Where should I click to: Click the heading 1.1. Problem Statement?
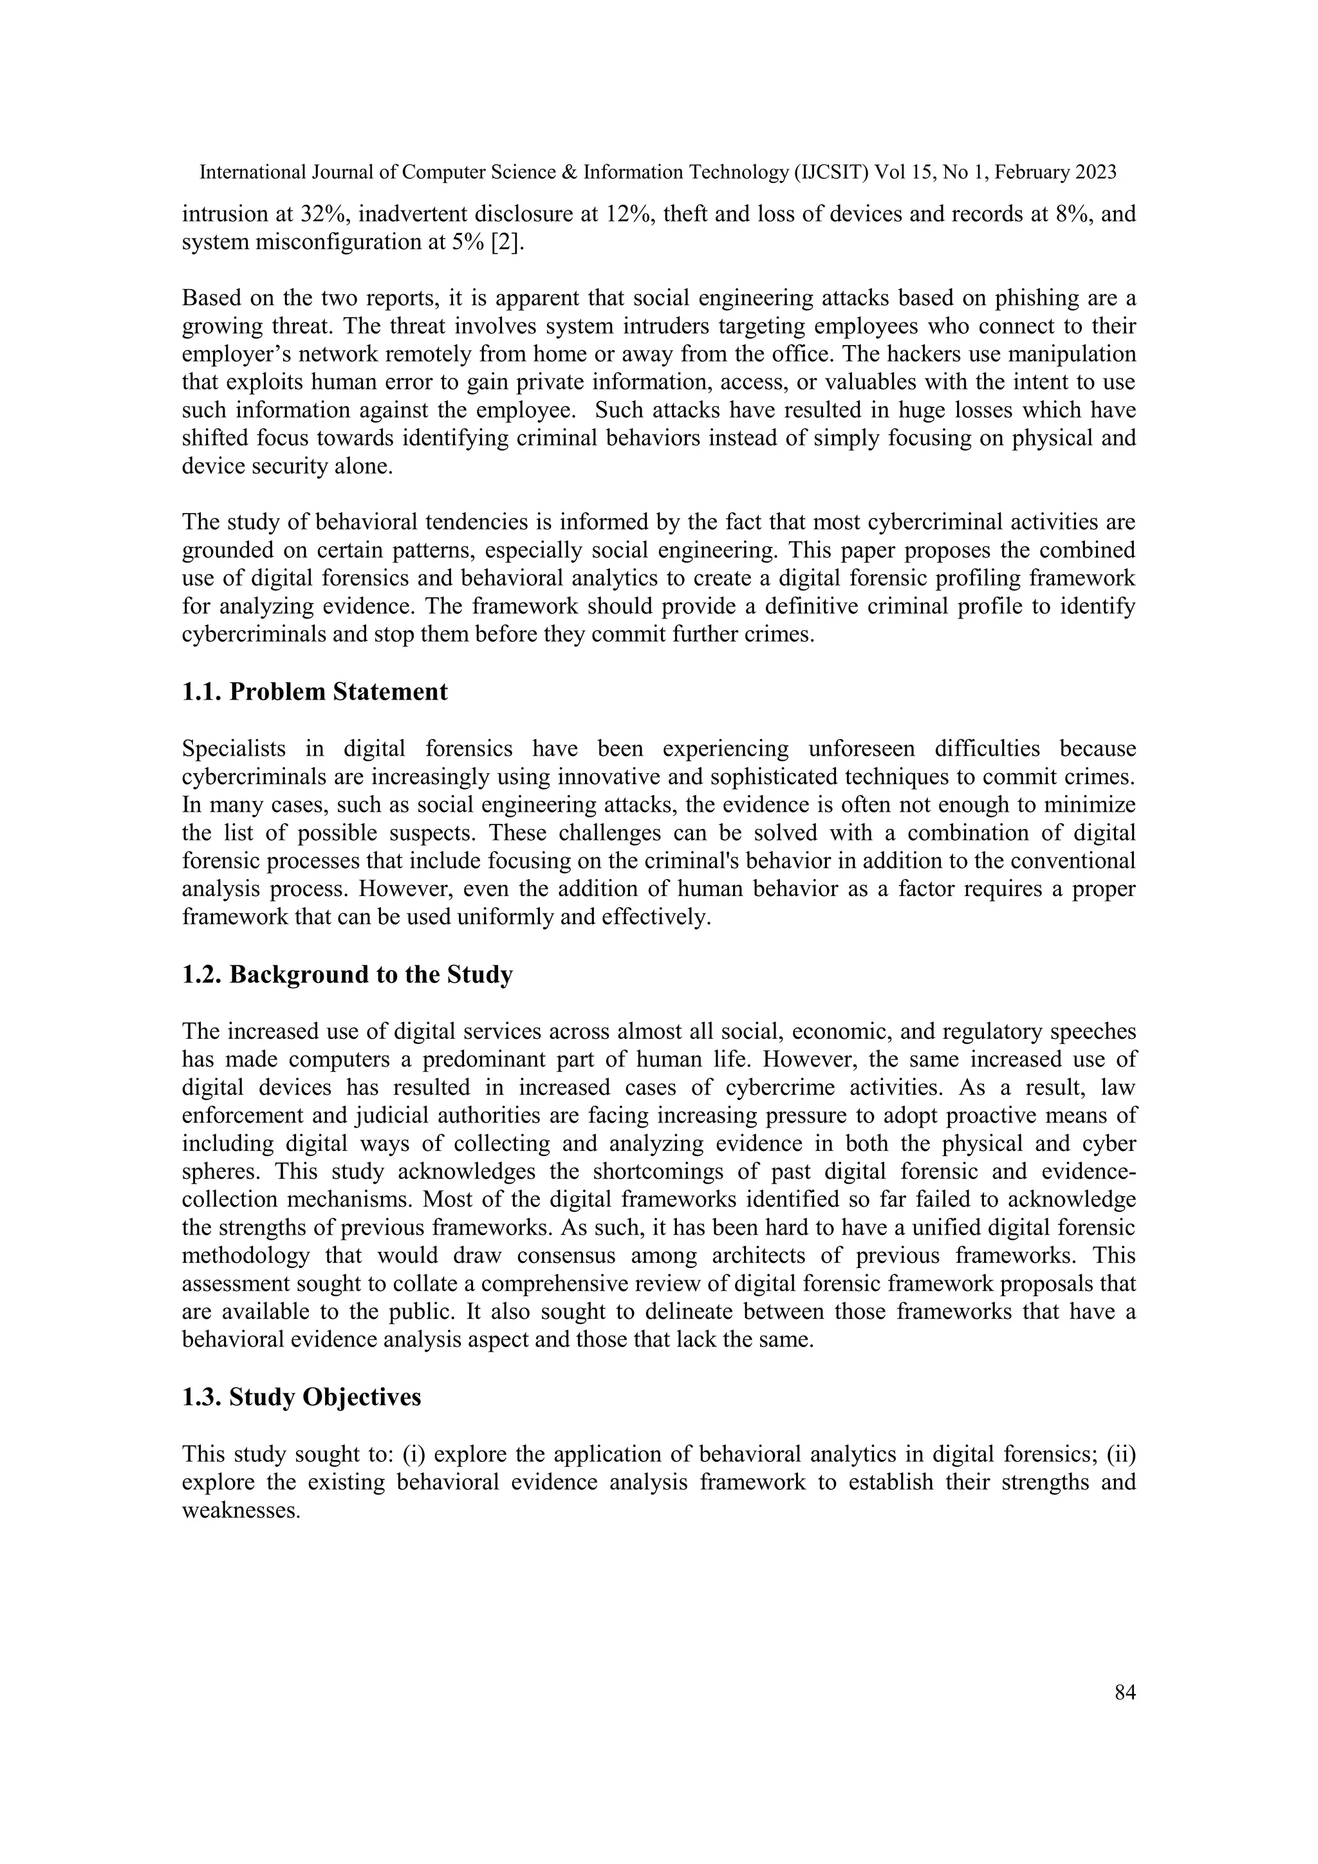pyautogui.click(x=314, y=692)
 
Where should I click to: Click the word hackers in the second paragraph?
pyautogui.click(x=942, y=355)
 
